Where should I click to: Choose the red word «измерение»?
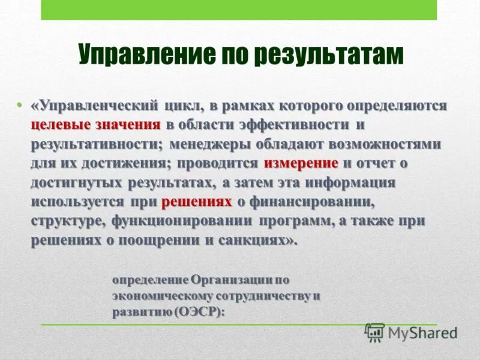301,163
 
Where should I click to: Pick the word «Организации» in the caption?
233,280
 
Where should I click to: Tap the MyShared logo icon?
374,332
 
